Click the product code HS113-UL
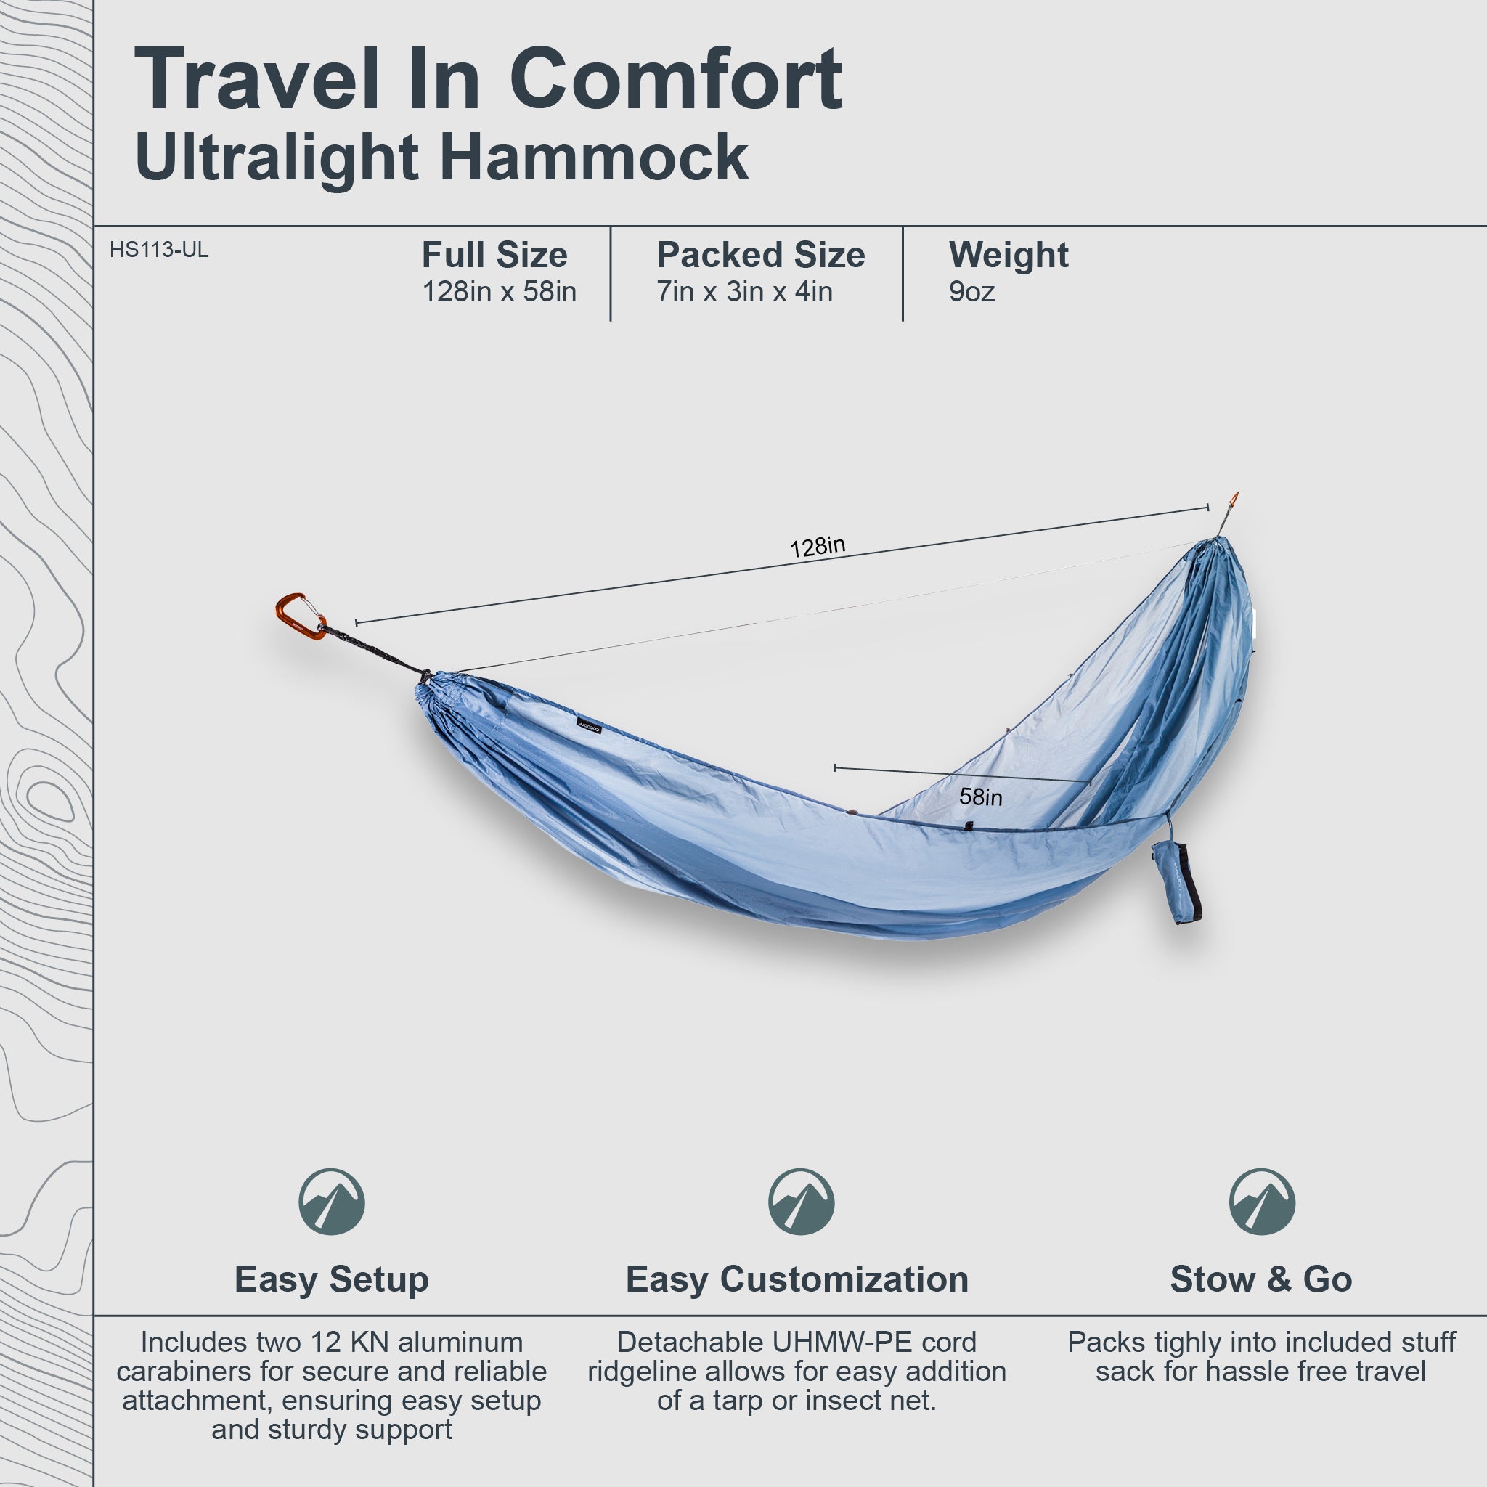click(x=158, y=250)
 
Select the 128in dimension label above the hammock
click(x=818, y=547)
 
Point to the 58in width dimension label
click(x=980, y=797)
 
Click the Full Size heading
click(x=494, y=255)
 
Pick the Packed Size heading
click(x=760, y=255)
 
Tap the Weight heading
click(x=1009, y=255)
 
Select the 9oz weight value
click(x=971, y=292)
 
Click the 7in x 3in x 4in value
click(x=744, y=292)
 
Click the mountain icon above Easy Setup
click(x=332, y=1202)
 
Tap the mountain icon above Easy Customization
click(x=800, y=1202)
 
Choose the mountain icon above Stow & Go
click(x=1262, y=1202)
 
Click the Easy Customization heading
click(x=797, y=1279)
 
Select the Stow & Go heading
click(x=1260, y=1279)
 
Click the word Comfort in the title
click(x=676, y=79)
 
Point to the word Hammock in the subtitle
click(x=594, y=157)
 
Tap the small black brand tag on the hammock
click(x=590, y=727)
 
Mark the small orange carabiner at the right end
click(x=1233, y=502)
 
